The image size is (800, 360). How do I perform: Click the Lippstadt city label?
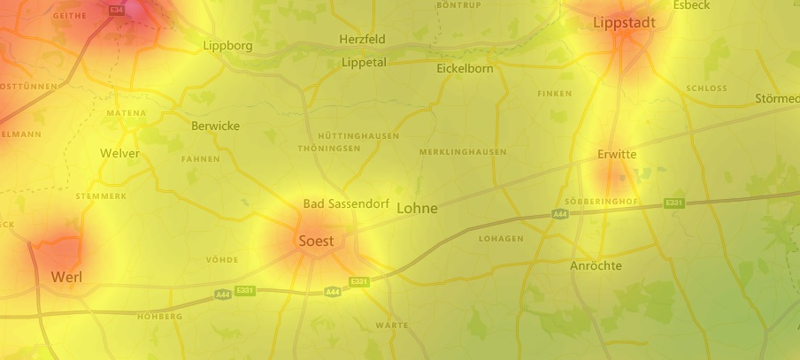pos(625,23)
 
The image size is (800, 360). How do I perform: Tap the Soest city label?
pos(316,241)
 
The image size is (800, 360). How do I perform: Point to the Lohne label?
pos(418,209)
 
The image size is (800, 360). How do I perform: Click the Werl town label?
pos(66,277)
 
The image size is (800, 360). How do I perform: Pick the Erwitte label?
pos(617,155)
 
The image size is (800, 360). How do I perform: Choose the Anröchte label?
pos(596,265)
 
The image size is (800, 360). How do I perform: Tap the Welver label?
pos(119,153)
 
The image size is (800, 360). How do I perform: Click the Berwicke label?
pos(215,126)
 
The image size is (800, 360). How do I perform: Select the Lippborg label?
pos(227,45)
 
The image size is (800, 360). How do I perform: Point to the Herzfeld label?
pos(363,40)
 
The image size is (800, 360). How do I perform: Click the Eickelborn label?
pos(464,68)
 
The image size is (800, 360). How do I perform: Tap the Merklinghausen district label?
pos(463,152)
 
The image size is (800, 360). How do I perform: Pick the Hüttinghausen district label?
pos(358,136)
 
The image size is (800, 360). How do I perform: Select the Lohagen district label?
pos(502,239)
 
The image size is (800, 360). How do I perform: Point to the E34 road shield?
pos(116,10)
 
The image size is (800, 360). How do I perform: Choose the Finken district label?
pos(555,94)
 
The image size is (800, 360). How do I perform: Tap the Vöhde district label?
pos(221,260)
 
